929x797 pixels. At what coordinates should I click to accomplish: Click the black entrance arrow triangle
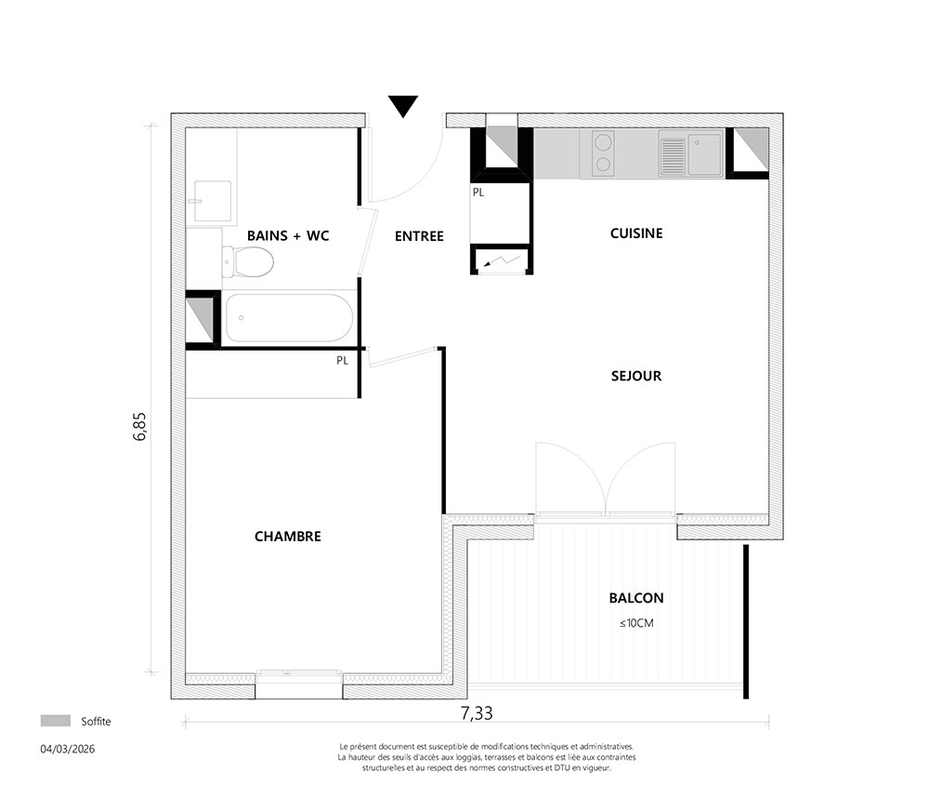(x=403, y=106)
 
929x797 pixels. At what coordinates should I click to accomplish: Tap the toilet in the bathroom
(x=248, y=261)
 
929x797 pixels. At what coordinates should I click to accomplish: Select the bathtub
(x=289, y=318)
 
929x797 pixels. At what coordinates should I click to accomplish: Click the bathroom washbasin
(x=212, y=201)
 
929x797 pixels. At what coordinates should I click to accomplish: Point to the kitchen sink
(x=690, y=154)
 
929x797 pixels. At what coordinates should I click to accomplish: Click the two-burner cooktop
(x=603, y=153)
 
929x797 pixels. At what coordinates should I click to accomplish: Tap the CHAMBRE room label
(x=288, y=537)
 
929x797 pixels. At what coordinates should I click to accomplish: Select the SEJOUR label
(x=636, y=376)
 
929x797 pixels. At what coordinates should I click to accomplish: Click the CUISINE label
(x=636, y=233)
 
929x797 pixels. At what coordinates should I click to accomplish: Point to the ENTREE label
(x=420, y=236)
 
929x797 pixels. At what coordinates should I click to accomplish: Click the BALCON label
(x=636, y=598)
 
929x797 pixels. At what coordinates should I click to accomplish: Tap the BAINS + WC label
(x=288, y=235)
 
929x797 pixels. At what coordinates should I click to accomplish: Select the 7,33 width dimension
(x=477, y=712)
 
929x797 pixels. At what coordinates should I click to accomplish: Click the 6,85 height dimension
(x=140, y=426)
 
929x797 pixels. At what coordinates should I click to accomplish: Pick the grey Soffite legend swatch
(x=55, y=721)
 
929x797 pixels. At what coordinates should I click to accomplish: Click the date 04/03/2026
(x=68, y=749)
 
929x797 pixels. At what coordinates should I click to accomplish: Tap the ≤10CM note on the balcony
(x=636, y=623)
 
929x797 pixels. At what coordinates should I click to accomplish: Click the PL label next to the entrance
(x=478, y=193)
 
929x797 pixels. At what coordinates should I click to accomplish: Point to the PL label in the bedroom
(x=343, y=361)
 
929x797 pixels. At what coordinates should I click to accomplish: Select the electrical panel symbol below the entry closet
(x=502, y=260)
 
